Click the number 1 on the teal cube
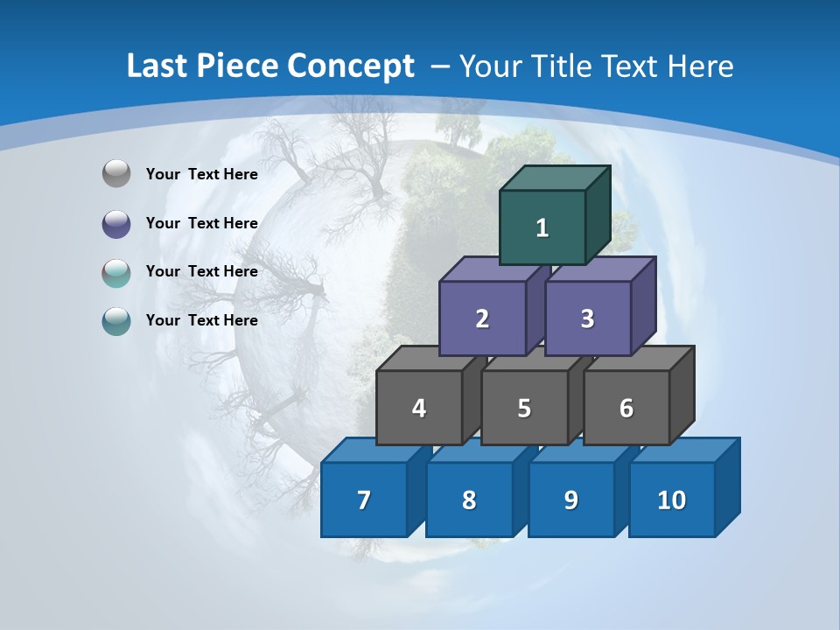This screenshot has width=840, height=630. point(542,228)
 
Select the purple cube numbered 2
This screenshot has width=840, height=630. point(482,318)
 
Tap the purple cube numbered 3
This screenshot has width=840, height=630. point(587,318)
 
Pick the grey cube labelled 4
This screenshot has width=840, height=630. point(419,408)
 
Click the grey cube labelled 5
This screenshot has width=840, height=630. point(524,408)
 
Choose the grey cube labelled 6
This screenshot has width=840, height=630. point(626,408)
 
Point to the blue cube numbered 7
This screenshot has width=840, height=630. point(364,500)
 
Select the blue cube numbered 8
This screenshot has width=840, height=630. point(469,500)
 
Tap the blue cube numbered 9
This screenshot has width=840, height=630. point(570,500)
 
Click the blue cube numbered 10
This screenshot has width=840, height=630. point(671,500)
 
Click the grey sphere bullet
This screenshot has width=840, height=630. point(116,174)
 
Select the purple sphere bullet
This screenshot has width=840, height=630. point(116,224)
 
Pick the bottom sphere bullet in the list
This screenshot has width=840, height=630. point(116,321)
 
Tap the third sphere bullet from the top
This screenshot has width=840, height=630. point(116,272)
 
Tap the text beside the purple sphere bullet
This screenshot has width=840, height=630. point(201,223)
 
